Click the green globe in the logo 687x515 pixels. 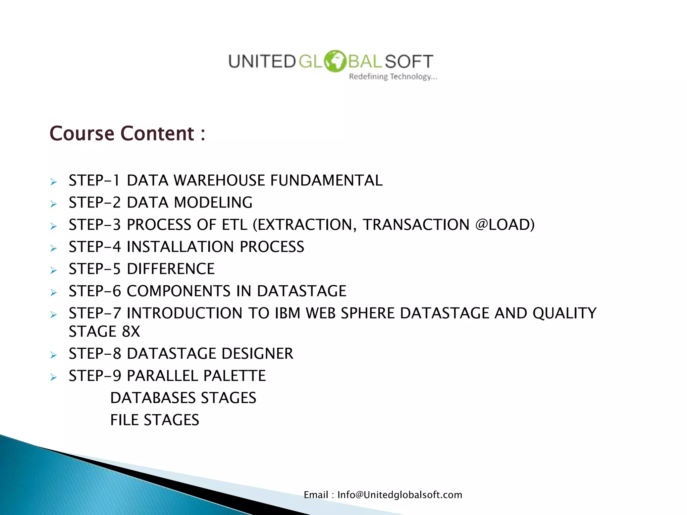(334, 61)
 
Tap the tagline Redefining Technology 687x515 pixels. (392, 77)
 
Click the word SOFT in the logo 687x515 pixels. (409, 62)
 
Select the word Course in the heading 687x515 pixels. (82, 133)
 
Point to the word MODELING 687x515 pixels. (213, 203)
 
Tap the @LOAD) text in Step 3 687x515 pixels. (505, 225)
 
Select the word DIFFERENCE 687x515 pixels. (170, 269)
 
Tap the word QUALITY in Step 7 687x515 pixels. (564, 313)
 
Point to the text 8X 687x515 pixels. (131, 332)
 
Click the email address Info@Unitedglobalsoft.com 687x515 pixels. (400, 495)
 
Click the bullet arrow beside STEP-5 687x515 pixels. (53, 270)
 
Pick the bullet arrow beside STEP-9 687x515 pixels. (53, 377)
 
